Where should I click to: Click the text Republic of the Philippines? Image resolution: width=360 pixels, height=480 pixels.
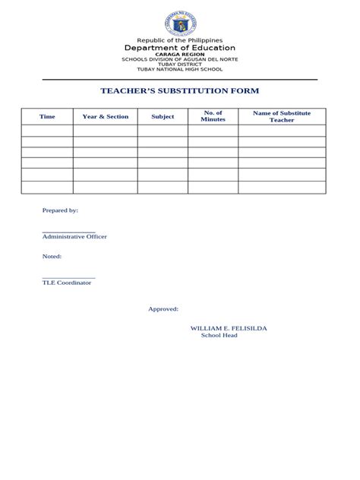(179, 40)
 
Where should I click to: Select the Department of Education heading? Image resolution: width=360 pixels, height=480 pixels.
(179, 49)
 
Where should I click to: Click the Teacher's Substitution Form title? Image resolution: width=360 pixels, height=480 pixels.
(179, 91)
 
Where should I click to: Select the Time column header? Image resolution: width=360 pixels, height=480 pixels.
(47, 117)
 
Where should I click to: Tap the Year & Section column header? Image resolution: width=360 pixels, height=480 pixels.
(106, 117)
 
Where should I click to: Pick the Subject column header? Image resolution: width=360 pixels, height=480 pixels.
(163, 117)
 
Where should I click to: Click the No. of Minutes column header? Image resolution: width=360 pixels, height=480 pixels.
(213, 116)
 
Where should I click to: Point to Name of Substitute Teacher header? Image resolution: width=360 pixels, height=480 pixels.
(282, 116)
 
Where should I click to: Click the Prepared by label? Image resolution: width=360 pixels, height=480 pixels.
(60, 210)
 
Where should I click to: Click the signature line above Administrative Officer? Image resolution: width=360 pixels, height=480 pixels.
(68, 232)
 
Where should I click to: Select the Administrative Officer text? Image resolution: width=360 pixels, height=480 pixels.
(74, 237)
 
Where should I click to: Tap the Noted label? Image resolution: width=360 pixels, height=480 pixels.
(52, 257)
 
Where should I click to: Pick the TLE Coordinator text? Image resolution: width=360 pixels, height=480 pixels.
(67, 283)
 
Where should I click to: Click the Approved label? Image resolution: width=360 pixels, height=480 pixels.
(163, 309)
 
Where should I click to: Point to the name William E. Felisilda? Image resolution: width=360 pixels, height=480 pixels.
(228, 328)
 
